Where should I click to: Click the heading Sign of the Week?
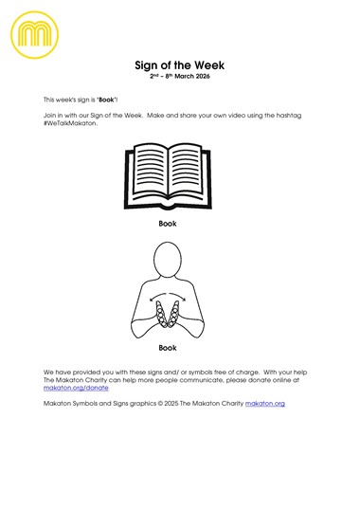180,65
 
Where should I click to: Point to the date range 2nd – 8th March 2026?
180,77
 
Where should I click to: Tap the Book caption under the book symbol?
168,224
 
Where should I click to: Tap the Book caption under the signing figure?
168,348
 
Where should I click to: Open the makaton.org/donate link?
76,388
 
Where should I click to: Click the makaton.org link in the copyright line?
265,404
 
